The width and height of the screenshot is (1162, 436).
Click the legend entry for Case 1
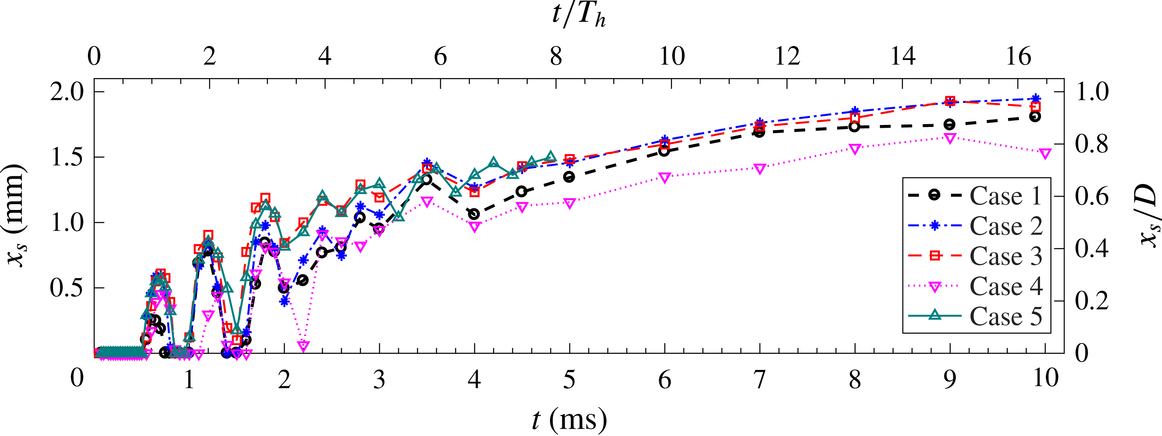click(1006, 196)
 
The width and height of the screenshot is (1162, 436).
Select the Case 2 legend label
click(1006, 226)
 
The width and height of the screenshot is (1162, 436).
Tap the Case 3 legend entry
click(1006, 256)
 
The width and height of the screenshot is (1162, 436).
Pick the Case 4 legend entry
click(1006, 286)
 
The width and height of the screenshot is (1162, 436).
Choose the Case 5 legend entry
click(1006, 316)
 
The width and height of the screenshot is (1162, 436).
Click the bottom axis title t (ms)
click(569, 420)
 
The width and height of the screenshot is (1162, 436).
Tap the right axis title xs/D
click(1148, 216)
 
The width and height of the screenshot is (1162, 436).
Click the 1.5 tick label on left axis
click(68, 157)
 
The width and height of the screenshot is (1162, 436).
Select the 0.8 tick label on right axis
click(1092, 144)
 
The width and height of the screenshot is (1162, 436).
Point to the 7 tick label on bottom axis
click(760, 379)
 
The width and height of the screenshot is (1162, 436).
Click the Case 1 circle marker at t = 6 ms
click(664, 151)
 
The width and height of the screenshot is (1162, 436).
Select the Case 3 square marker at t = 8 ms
click(855, 118)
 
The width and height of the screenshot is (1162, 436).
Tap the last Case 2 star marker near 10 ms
click(1036, 98)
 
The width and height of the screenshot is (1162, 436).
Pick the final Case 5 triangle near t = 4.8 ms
click(550, 157)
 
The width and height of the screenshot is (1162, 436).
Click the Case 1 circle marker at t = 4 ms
click(474, 214)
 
